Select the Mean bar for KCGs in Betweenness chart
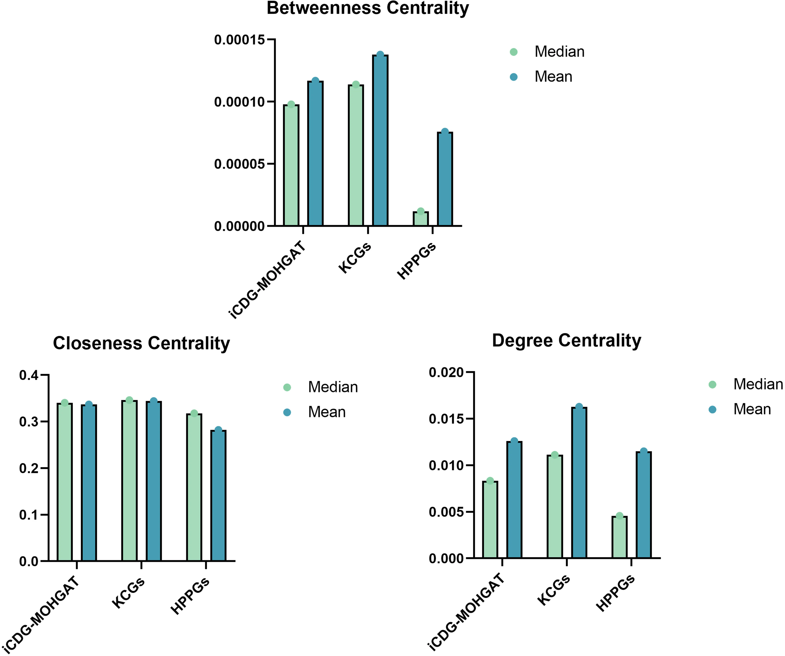380,140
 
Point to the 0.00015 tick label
239,40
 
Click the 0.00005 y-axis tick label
239,164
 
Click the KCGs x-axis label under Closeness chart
128,593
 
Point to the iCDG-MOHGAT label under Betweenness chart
267,280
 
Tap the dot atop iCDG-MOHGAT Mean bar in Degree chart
514,441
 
